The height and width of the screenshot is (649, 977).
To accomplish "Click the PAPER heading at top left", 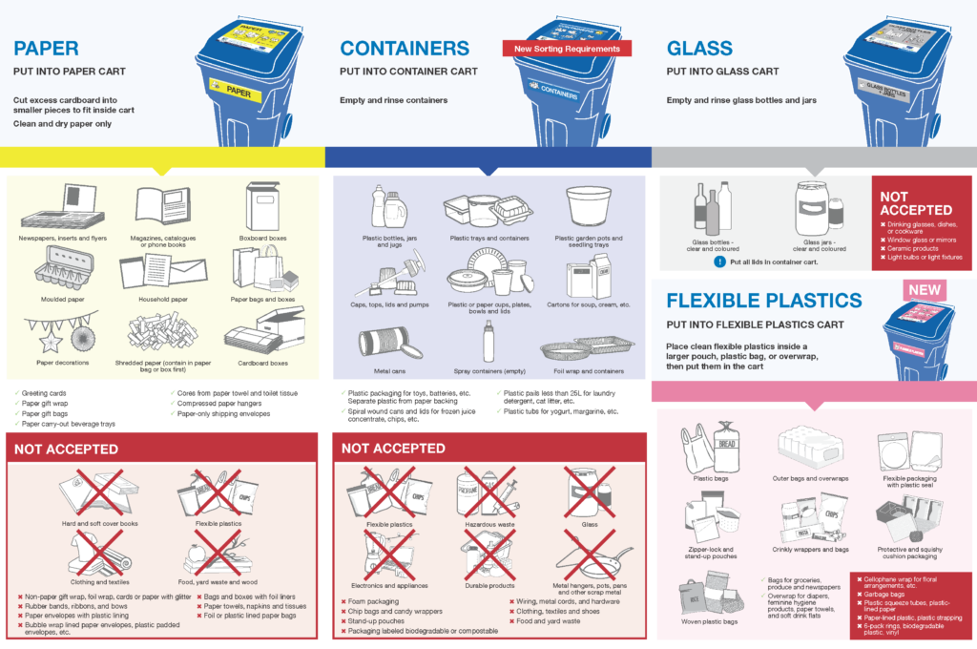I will point(46,48).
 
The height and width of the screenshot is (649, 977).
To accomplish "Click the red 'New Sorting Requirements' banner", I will point(567,49).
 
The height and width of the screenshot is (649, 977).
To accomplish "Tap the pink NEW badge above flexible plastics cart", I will point(925,290).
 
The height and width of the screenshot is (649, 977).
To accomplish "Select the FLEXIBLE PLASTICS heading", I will point(762,302).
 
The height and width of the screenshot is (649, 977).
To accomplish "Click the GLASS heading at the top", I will point(700,48).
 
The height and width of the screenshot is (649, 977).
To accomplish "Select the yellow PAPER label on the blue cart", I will point(234,94).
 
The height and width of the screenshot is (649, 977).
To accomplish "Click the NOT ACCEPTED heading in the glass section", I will point(916,203).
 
